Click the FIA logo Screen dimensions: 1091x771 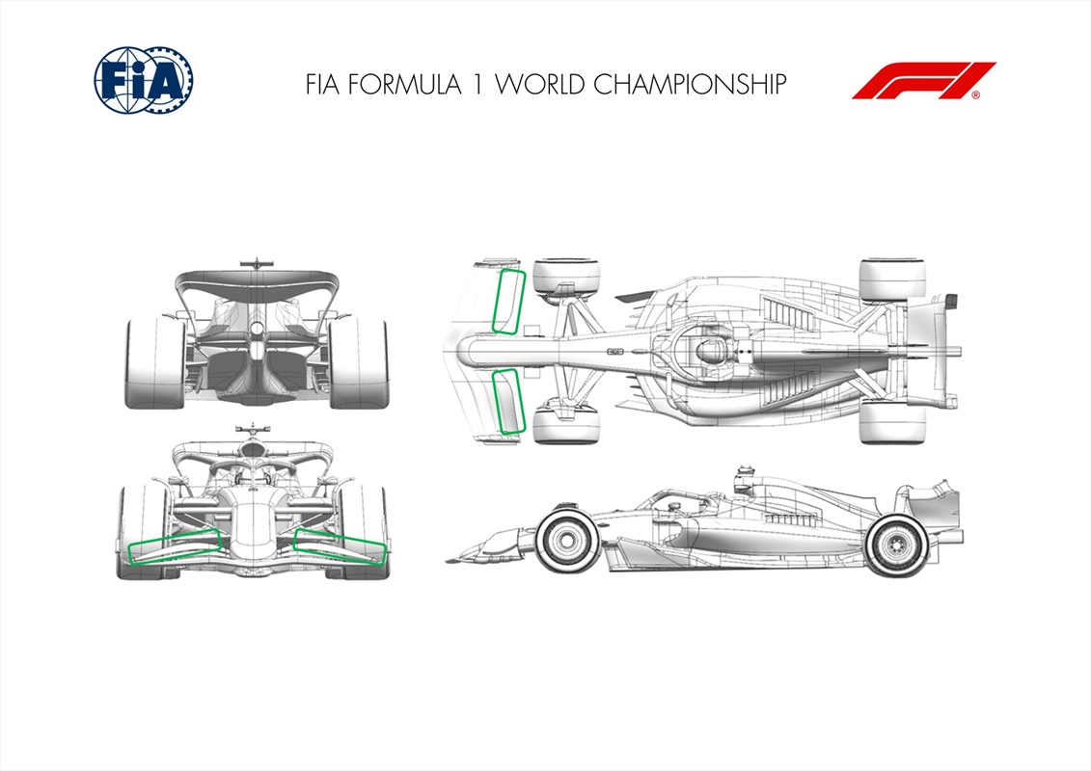point(144,80)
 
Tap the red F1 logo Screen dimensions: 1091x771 point(923,81)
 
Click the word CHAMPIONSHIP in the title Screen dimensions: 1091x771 point(690,84)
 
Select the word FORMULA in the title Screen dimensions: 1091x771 point(404,84)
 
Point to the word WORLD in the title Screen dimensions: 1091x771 point(539,84)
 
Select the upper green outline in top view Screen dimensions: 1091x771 point(508,302)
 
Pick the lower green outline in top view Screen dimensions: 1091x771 point(507,401)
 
